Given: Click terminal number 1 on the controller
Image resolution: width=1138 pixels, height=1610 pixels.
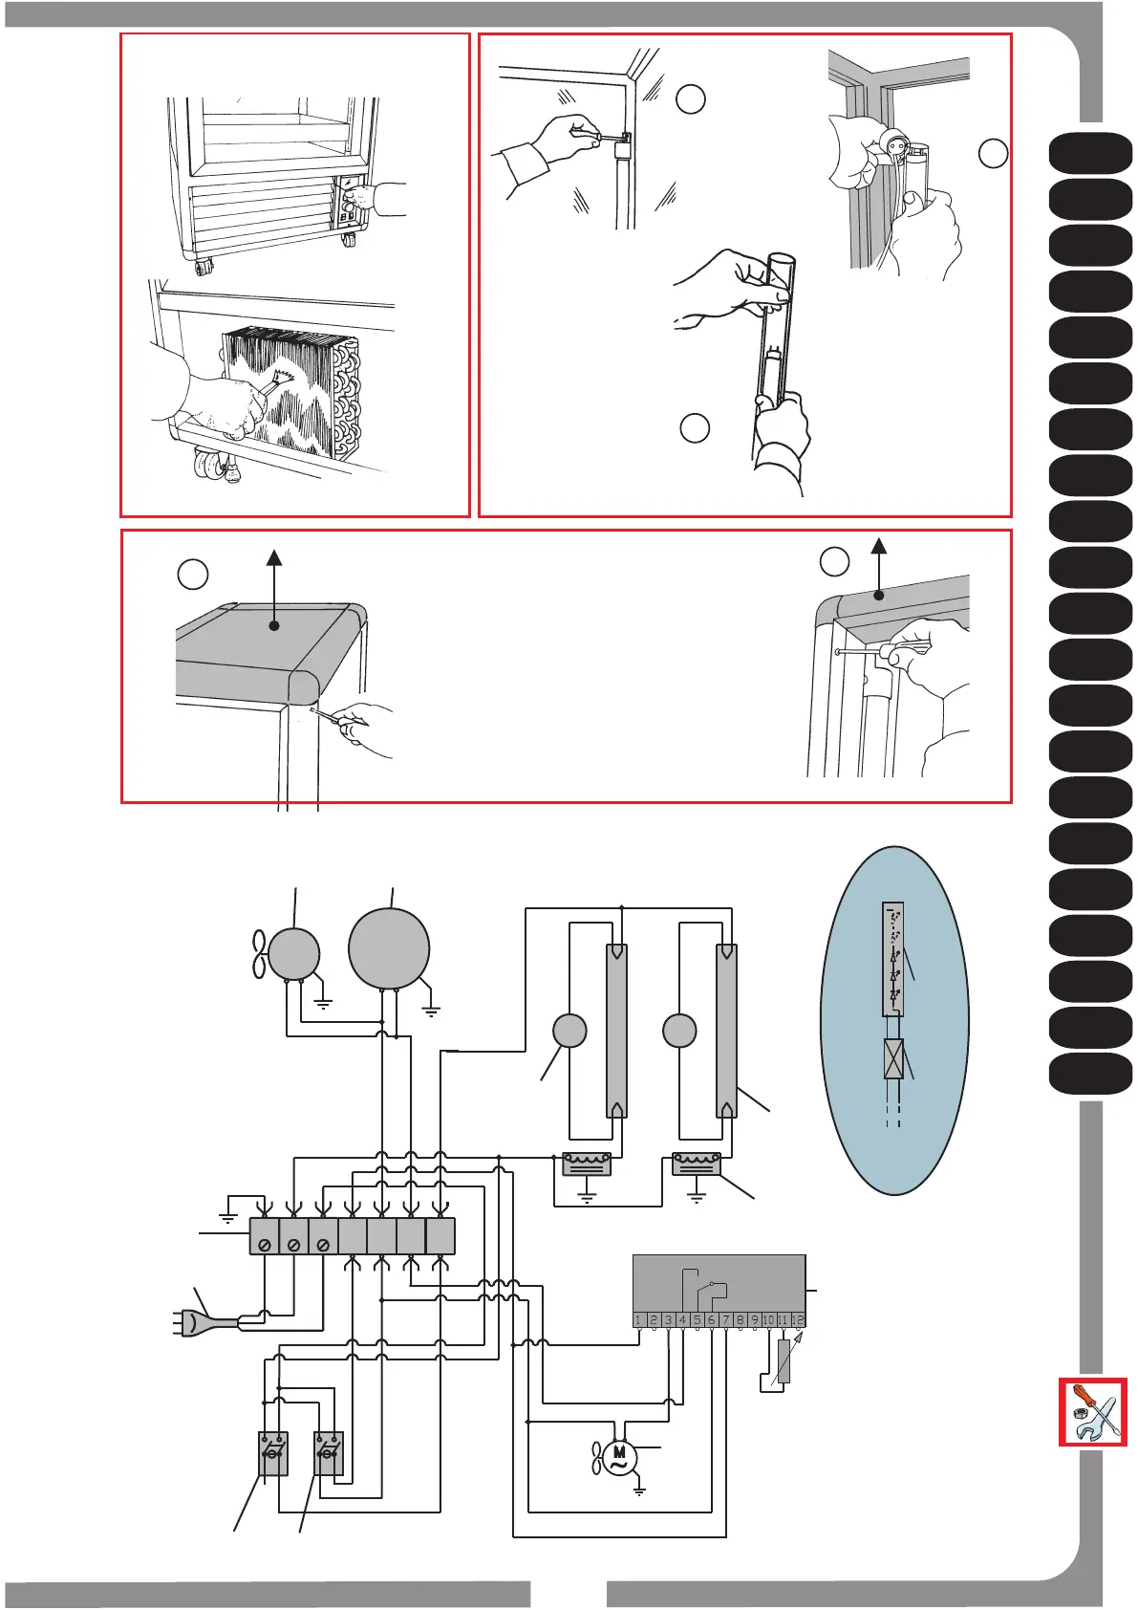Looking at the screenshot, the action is click(639, 1320).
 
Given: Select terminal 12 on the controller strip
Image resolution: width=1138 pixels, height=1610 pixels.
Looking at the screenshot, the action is click(799, 1320).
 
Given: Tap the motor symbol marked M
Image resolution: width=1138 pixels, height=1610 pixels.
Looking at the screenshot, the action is click(618, 1458).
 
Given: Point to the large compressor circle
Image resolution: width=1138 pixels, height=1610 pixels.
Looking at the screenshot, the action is click(389, 947).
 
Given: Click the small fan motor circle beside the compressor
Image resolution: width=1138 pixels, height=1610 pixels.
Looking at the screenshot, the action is click(293, 953).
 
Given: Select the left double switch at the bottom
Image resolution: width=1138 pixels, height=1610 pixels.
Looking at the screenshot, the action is click(273, 1453).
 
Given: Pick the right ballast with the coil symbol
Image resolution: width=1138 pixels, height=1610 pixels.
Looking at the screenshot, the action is click(697, 1164).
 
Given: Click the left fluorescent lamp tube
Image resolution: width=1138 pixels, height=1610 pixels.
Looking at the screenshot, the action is click(616, 1031).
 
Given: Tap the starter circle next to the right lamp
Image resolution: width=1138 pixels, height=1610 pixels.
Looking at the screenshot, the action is click(679, 1031).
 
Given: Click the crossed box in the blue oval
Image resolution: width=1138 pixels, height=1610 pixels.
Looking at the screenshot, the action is click(893, 1059).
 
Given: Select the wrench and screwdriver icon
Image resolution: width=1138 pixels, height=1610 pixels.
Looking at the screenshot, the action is click(1093, 1412).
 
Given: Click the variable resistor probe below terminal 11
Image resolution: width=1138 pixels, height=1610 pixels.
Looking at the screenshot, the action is click(784, 1361).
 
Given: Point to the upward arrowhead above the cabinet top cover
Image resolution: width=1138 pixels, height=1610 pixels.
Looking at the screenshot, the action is click(274, 558).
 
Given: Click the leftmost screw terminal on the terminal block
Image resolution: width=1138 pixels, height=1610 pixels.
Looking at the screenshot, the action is click(265, 1245).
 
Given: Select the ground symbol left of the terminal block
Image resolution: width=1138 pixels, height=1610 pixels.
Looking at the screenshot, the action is click(227, 1216).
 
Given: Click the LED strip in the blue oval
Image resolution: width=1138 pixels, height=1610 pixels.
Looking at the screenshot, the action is click(893, 959).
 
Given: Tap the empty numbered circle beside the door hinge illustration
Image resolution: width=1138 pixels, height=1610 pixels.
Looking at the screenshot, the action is click(835, 562).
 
